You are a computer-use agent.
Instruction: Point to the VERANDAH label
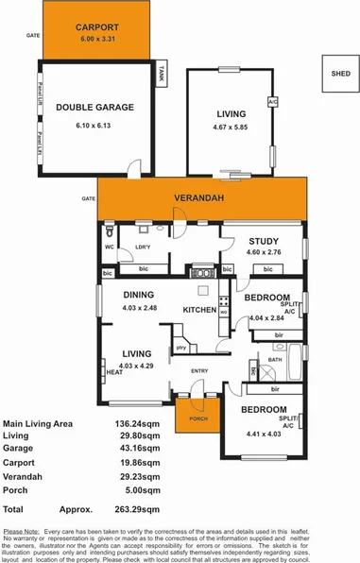tap(196, 199)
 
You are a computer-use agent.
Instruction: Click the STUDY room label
tap(265, 241)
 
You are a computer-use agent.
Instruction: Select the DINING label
tap(137, 294)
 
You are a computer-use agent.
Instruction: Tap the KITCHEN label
tap(199, 310)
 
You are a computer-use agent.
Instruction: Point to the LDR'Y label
tap(146, 247)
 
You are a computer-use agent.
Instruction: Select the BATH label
tap(275, 360)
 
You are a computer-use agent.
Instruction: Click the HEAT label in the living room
tap(113, 372)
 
